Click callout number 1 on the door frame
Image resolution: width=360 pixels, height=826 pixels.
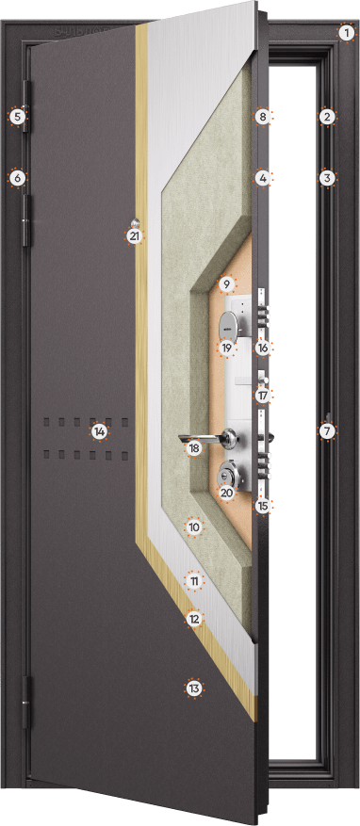[346, 33]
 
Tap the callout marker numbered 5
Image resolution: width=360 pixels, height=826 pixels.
[17, 117]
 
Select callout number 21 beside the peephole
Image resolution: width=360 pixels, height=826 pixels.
[135, 236]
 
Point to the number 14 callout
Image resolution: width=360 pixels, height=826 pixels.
[99, 432]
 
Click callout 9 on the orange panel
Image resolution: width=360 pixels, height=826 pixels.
[226, 285]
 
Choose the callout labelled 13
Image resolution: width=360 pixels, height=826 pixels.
[194, 688]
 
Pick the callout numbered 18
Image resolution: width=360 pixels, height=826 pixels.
[194, 448]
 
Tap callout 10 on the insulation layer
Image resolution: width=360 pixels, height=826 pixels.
[194, 526]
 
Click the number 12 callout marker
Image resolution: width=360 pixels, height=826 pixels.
[194, 619]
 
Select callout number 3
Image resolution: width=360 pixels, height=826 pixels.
[327, 178]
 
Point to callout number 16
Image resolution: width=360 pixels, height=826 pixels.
[263, 348]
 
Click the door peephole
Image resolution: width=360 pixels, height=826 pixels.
[137, 222]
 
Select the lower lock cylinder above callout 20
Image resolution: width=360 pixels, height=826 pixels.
[228, 475]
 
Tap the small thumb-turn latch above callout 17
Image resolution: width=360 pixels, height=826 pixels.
[264, 380]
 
